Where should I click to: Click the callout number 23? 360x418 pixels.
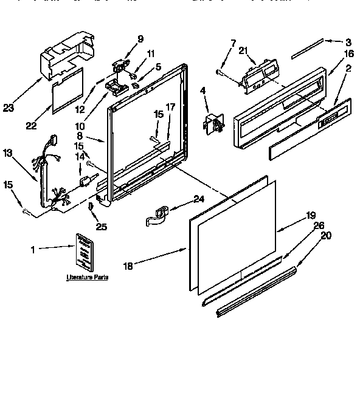click(x=9, y=108)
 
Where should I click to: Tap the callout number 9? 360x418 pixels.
click(x=140, y=39)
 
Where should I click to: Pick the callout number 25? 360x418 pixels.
click(x=102, y=227)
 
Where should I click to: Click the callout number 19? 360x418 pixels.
click(x=311, y=214)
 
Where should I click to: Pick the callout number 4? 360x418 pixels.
click(x=203, y=92)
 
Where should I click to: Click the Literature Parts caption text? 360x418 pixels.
click(x=87, y=277)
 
